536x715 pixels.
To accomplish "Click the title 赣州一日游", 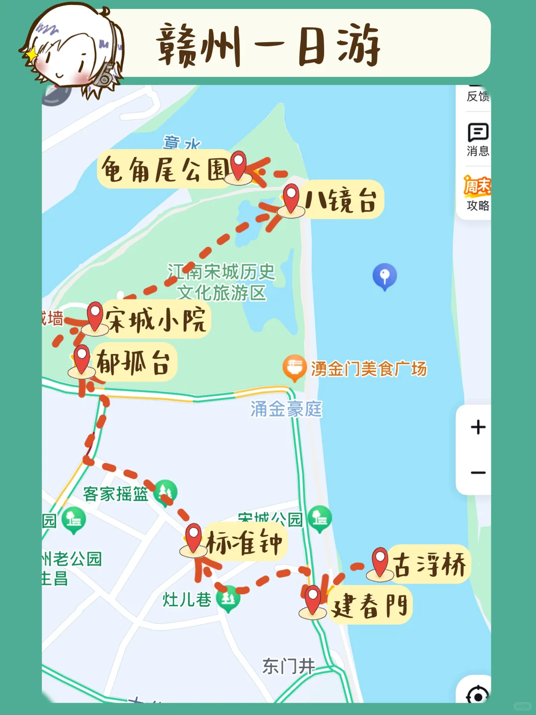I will click(268, 46).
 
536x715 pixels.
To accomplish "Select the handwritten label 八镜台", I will click(341, 201).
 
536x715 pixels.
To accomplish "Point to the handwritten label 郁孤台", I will click(133, 362).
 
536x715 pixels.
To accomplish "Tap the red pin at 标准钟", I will click(193, 538).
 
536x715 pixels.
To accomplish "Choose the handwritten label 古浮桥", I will click(429, 565).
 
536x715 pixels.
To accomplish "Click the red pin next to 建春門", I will click(313, 600).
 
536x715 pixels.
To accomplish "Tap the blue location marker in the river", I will click(385, 276).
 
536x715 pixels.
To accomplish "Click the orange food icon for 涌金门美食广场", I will click(294, 368).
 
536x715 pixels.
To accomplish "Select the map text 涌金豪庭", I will click(286, 409).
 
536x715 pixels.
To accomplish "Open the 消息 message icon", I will click(478, 133).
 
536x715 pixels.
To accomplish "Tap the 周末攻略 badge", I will click(477, 194).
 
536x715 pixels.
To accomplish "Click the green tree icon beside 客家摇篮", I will click(166, 492).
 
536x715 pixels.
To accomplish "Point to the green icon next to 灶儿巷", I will click(228, 598).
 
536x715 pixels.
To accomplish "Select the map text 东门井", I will click(288, 666).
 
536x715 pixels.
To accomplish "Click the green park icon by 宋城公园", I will click(320, 518).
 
